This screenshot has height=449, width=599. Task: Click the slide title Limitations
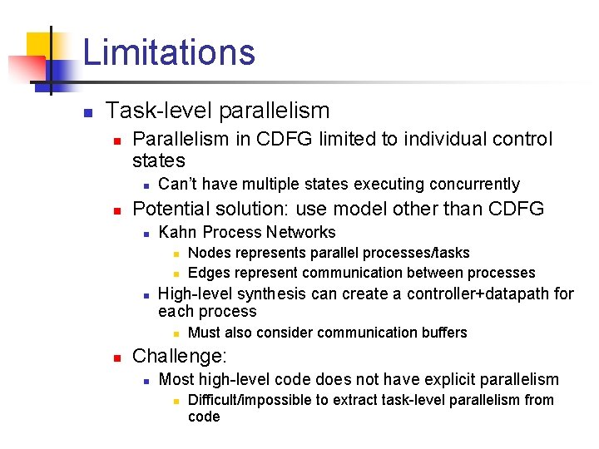tap(169, 52)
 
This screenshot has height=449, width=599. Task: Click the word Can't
tap(176, 184)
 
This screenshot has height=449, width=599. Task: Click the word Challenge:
tap(179, 357)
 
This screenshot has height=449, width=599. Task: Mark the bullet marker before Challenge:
tap(118, 358)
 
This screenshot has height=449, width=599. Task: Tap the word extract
tap(363, 400)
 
